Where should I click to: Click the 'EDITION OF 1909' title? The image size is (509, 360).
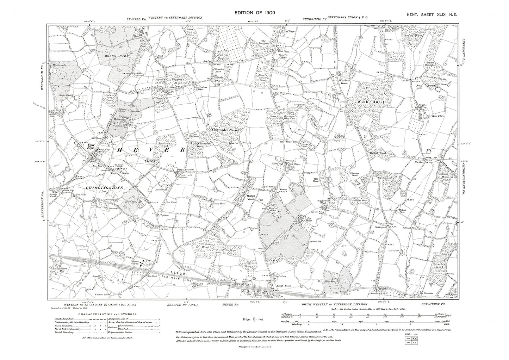click(255, 13)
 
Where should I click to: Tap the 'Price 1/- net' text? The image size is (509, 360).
click(255, 319)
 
